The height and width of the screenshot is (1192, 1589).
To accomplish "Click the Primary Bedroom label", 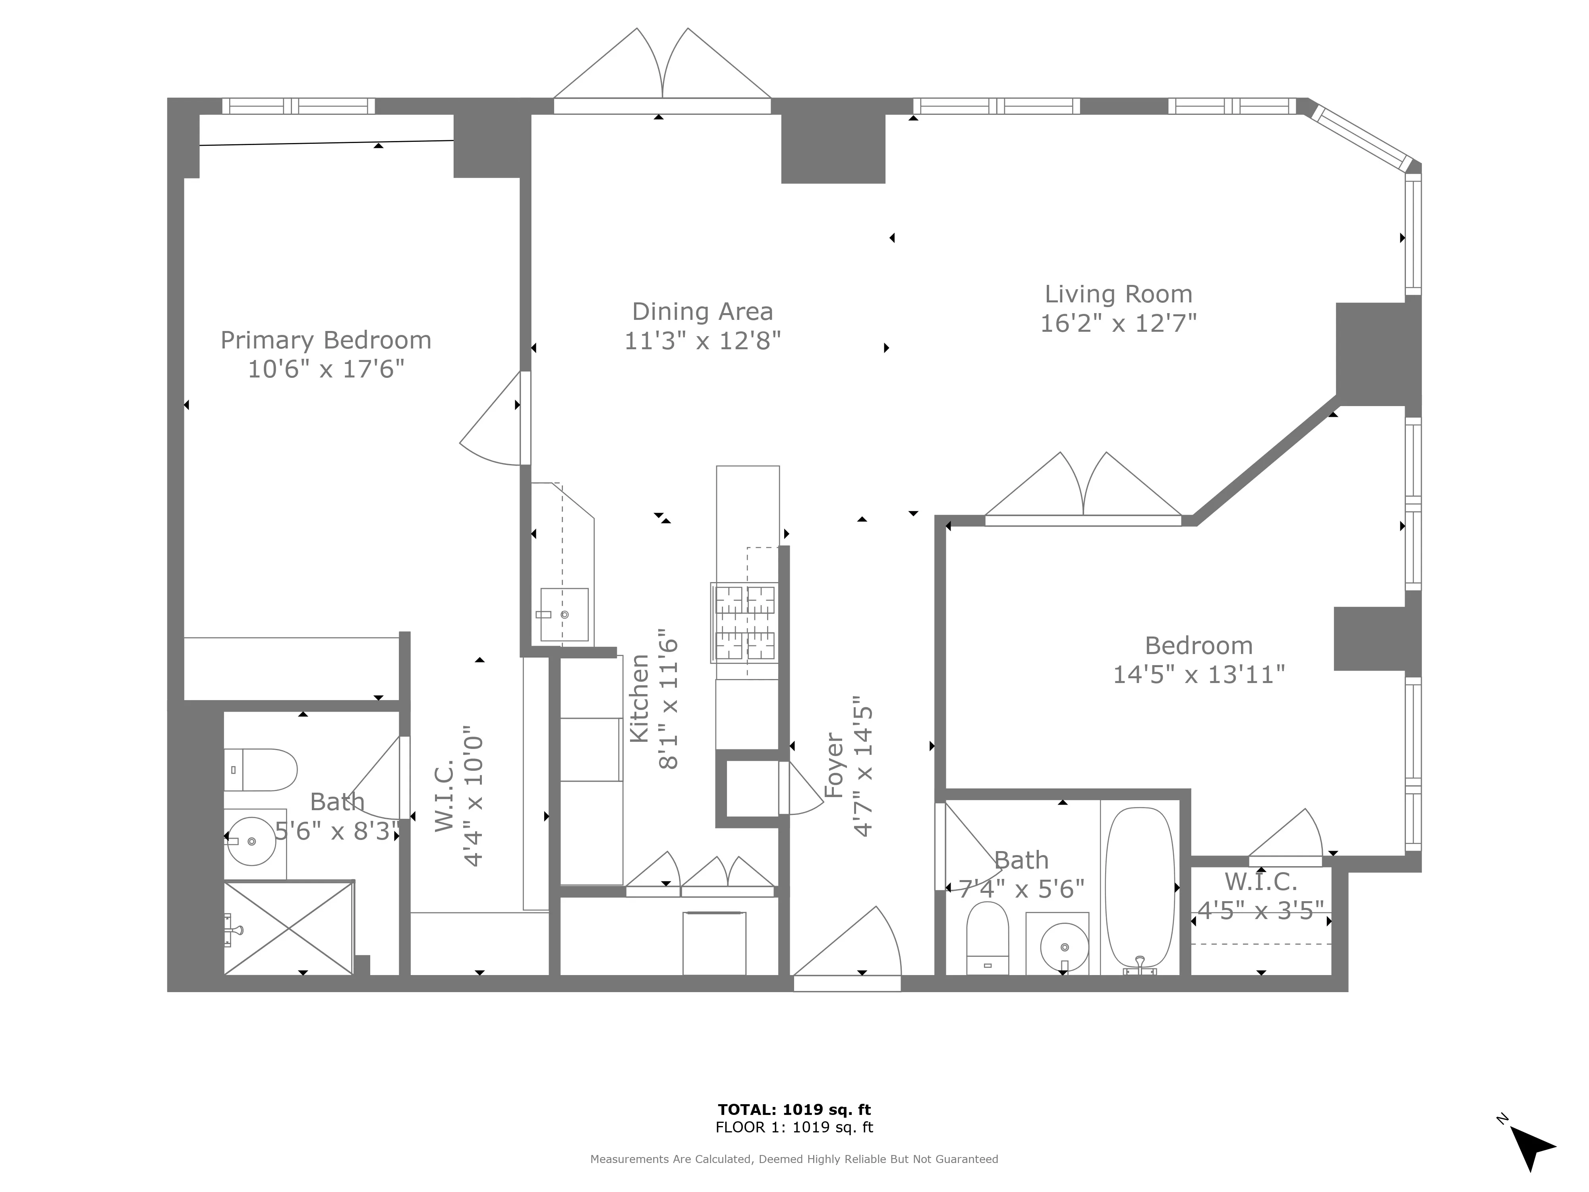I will pos(325,340).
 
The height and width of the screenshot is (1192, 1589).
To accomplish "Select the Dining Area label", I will pos(702,311).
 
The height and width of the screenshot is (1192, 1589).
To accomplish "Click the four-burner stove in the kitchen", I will pos(745,622).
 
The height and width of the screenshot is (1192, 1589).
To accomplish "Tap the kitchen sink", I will pos(564,614).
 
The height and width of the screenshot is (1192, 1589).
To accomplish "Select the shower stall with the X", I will pos(289,928).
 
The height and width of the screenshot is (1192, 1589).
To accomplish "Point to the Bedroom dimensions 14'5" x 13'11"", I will pos(1198,675).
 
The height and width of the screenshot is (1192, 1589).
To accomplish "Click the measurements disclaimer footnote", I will pos(794,1159).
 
